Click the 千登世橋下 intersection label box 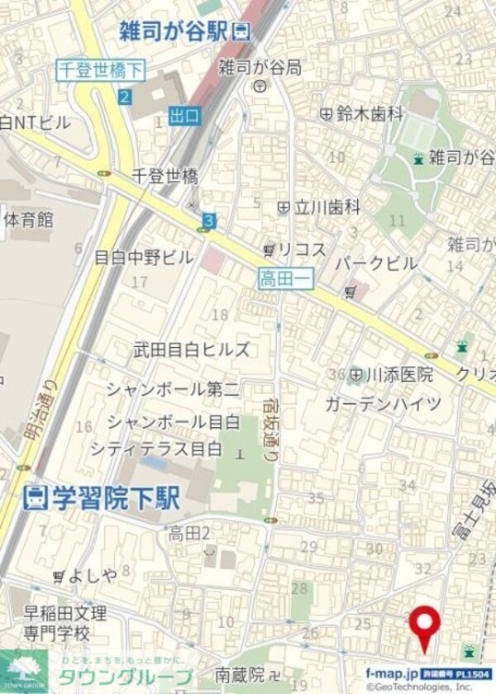[100, 70]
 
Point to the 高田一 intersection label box [284, 279]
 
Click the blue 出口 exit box [184, 116]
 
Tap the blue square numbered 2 [124, 97]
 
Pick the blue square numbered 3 [209, 221]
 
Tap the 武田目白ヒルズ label [192, 349]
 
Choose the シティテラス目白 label [156, 449]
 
